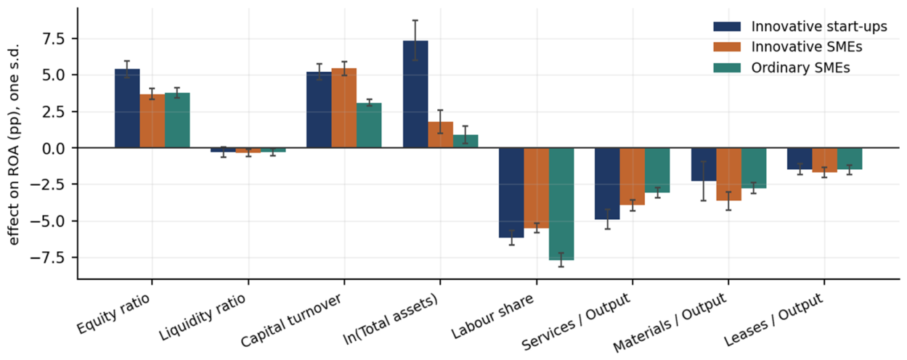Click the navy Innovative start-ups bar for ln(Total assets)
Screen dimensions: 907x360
pos(415,94)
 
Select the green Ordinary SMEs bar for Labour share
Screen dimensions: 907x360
pos(561,204)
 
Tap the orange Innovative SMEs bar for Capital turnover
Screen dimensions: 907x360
pos(343,108)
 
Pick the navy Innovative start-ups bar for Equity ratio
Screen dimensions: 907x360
pos(127,108)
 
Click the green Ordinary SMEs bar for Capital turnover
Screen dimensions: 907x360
pos(369,126)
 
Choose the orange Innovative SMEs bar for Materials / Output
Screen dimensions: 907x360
pos(729,174)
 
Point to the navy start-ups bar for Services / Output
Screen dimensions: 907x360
pos(607,184)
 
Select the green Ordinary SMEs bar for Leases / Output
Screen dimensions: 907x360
pos(850,158)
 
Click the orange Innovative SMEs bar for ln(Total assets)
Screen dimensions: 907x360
pos(441,135)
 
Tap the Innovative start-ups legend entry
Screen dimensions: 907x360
pos(800,27)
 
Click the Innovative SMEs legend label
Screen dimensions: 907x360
pos(807,47)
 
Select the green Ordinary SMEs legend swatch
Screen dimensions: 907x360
pos(727,67)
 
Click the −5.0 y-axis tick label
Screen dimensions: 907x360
pos(51,221)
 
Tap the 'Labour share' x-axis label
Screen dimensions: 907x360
pos(492,316)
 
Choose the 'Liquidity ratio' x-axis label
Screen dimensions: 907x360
pos(202,317)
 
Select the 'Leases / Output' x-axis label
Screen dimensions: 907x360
pos(773,319)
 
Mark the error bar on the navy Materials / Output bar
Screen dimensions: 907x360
pos(704,181)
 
